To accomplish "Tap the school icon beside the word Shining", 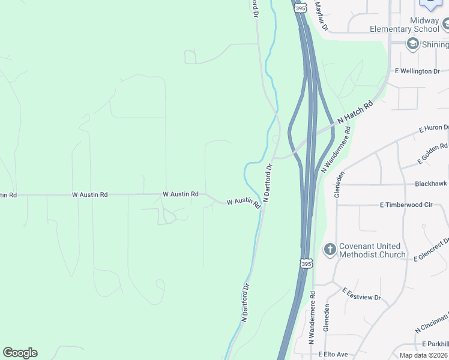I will click(412, 43).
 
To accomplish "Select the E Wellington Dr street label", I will click(417, 71).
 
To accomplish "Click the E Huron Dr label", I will click(433, 128).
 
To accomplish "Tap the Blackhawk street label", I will click(431, 184).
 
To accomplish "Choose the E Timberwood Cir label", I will click(406, 205).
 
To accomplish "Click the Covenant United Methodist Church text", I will click(372, 250).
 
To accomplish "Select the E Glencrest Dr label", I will click(432, 251).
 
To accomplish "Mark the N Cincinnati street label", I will click(432, 323).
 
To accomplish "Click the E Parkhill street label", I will click(435, 344).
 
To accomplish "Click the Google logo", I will click(20, 353).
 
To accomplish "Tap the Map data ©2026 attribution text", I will click(424, 355).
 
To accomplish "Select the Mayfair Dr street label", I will click(321, 16).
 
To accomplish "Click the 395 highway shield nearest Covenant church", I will click(306, 263).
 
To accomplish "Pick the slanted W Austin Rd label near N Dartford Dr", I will click(243, 203).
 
